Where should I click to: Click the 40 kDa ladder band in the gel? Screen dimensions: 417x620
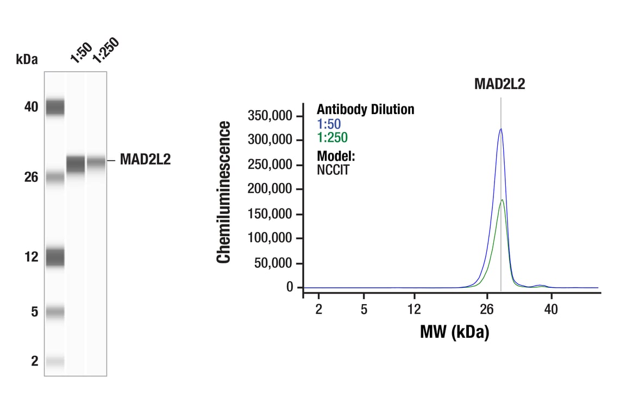(55, 107)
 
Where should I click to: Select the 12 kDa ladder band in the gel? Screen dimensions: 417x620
(55, 256)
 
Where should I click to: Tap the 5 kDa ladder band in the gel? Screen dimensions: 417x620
(55, 312)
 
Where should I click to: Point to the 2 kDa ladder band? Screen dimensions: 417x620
(55, 361)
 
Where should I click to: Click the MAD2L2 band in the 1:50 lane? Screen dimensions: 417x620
(76, 163)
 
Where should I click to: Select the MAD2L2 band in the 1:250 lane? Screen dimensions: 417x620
(96, 162)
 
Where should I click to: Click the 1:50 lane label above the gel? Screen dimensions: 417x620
(80, 53)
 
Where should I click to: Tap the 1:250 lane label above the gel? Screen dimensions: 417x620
(105, 50)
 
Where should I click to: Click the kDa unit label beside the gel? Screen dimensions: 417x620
(27, 60)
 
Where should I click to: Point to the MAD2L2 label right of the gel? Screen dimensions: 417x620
(145, 160)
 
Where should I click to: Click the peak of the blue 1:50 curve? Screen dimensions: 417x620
(500, 129)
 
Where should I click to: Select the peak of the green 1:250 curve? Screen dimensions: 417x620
(502, 200)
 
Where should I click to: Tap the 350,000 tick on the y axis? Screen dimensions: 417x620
(270, 116)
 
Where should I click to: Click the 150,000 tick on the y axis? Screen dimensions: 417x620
(270, 213)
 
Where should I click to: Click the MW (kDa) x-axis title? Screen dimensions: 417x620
(454, 331)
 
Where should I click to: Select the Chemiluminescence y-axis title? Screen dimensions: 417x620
(224, 193)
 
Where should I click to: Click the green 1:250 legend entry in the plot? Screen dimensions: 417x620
(332, 138)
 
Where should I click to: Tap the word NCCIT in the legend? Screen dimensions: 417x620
(333, 169)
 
